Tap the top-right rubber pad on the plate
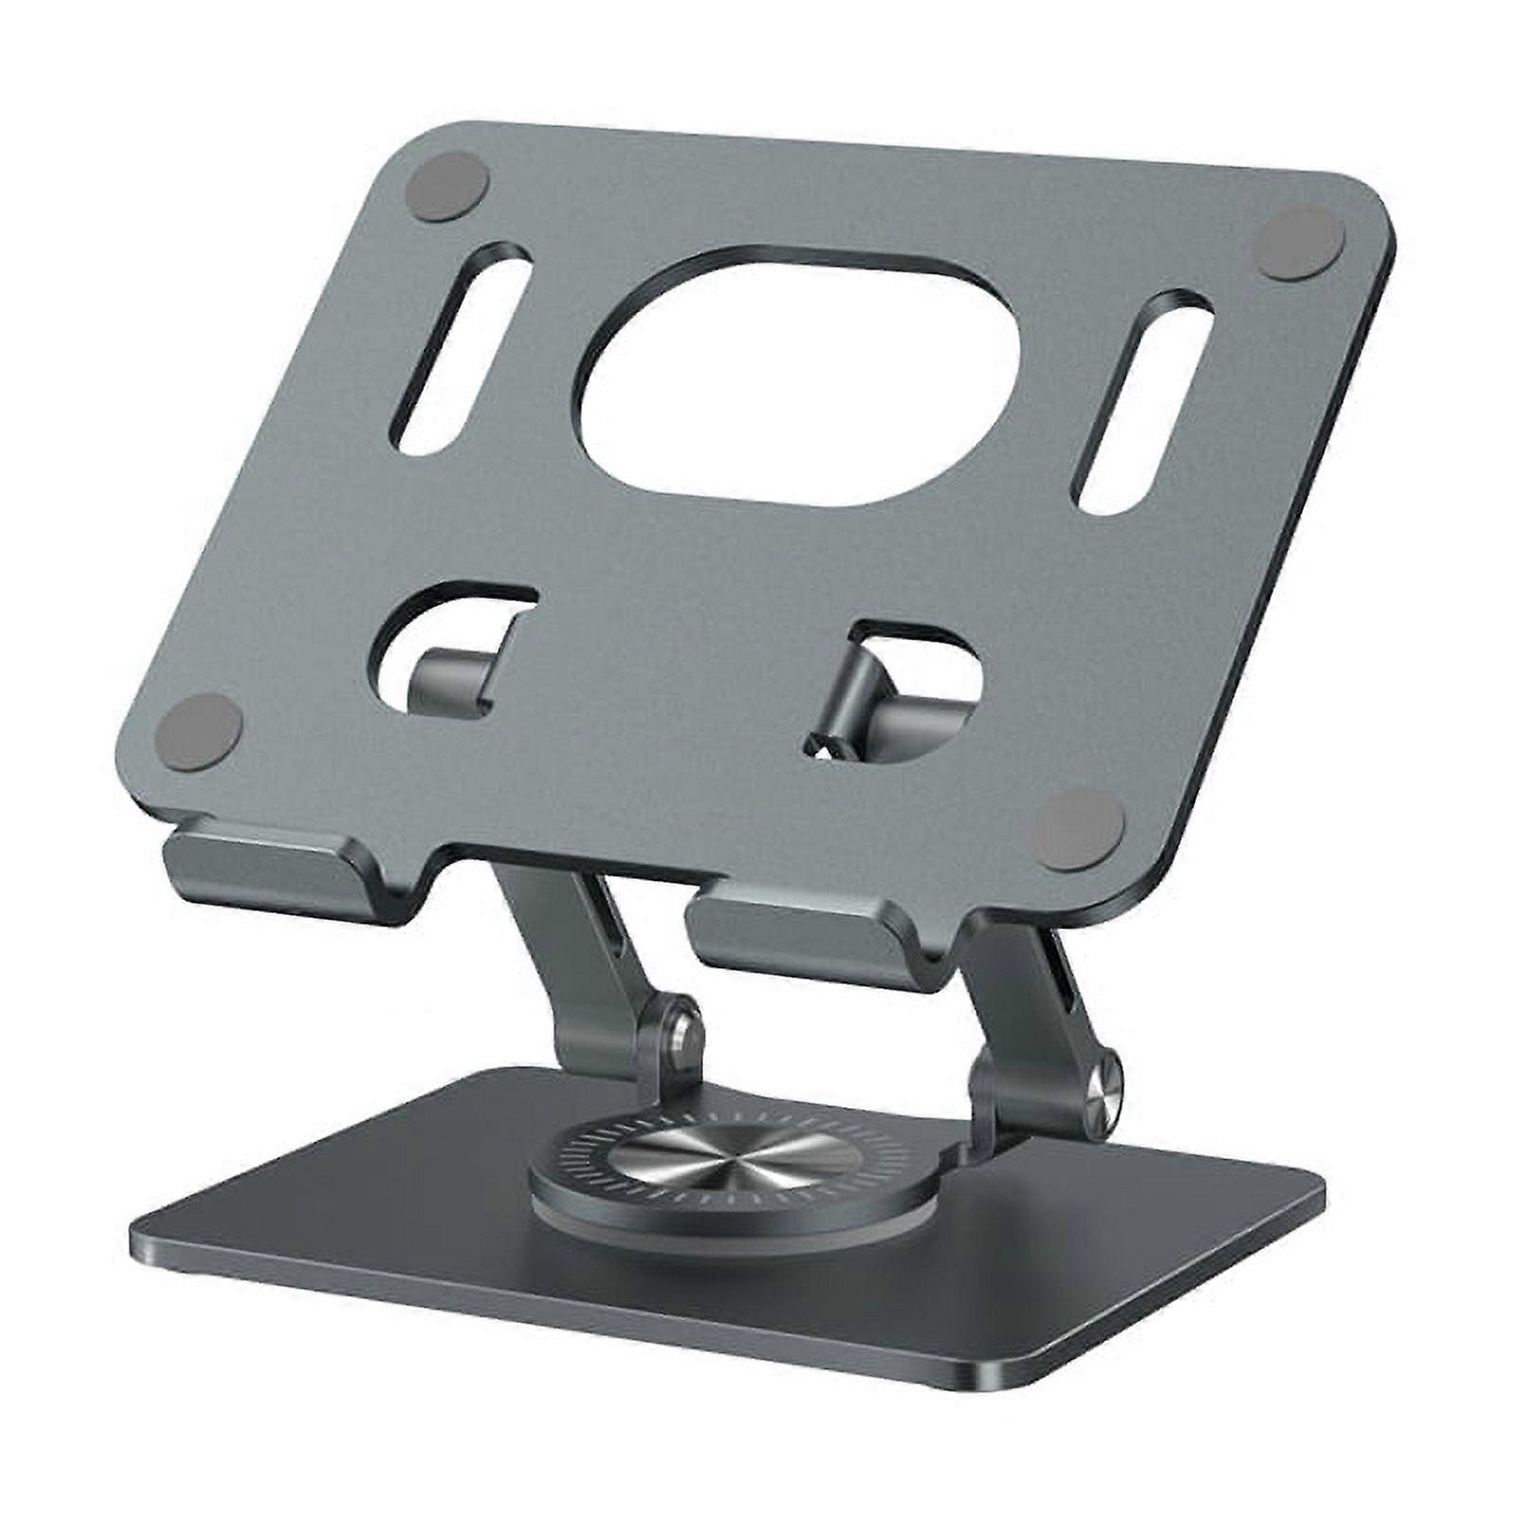1299,242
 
